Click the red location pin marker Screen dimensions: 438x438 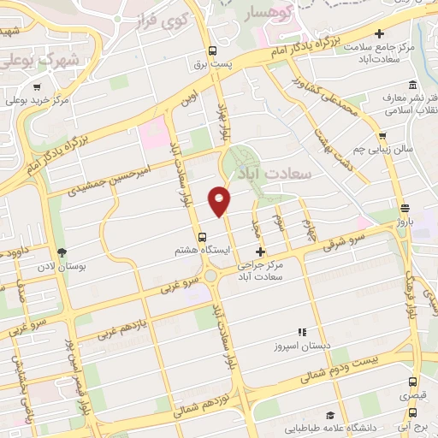(220, 201)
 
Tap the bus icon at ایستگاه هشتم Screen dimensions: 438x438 (202, 237)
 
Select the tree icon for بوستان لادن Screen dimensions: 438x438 (62, 252)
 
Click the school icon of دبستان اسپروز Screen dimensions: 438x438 (300, 332)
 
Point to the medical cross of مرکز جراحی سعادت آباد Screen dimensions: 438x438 (261, 252)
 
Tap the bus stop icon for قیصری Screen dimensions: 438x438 (412, 382)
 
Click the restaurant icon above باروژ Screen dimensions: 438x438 (404, 207)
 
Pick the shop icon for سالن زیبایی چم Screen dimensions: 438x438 (382, 135)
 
